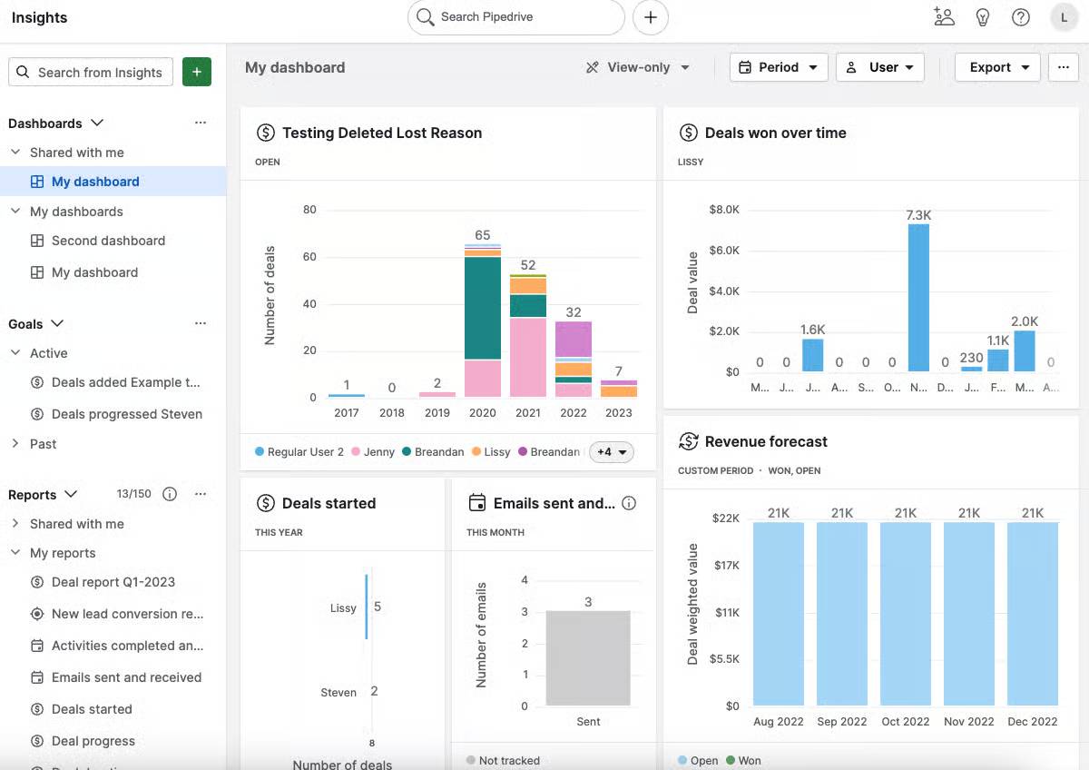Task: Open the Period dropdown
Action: click(x=778, y=67)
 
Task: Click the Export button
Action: click(x=996, y=67)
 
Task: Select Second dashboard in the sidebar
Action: click(x=108, y=241)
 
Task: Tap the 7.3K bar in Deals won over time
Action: click(x=918, y=297)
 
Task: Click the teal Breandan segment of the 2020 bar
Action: click(x=483, y=309)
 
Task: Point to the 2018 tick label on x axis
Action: click(x=392, y=412)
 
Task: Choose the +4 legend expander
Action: click(x=611, y=452)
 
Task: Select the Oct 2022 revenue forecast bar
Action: click(x=906, y=613)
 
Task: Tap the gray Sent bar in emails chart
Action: click(x=588, y=658)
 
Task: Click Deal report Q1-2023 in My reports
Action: click(x=113, y=582)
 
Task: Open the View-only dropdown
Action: click(x=638, y=67)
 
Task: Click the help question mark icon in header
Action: click(x=1021, y=17)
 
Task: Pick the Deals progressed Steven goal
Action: click(x=126, y=414)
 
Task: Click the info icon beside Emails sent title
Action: click(x=630, y=503)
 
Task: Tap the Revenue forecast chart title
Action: click(x=766, y=441)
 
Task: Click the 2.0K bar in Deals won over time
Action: click(x=1025, y=350)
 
